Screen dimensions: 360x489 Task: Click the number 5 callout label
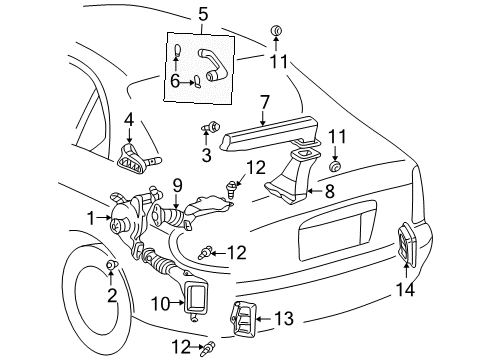pyautogui.click(x=203, y=15)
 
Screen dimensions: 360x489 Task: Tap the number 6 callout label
pyautogui.click(x=176, y=83)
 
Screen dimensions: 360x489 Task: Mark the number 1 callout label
pyautogui.click(x=90, y=217)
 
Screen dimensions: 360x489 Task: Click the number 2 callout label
pyautogui.click(x=112, y=295)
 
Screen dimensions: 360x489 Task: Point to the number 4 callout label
pyautogui.click(x=128, y=121)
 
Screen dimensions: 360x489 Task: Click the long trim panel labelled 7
pyautogui.click(x=270, y=130)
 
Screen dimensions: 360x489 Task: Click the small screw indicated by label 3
pyautogui.click(x=212, y=128)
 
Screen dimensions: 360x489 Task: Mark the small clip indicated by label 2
pyautogui.click(x=110, y=264)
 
